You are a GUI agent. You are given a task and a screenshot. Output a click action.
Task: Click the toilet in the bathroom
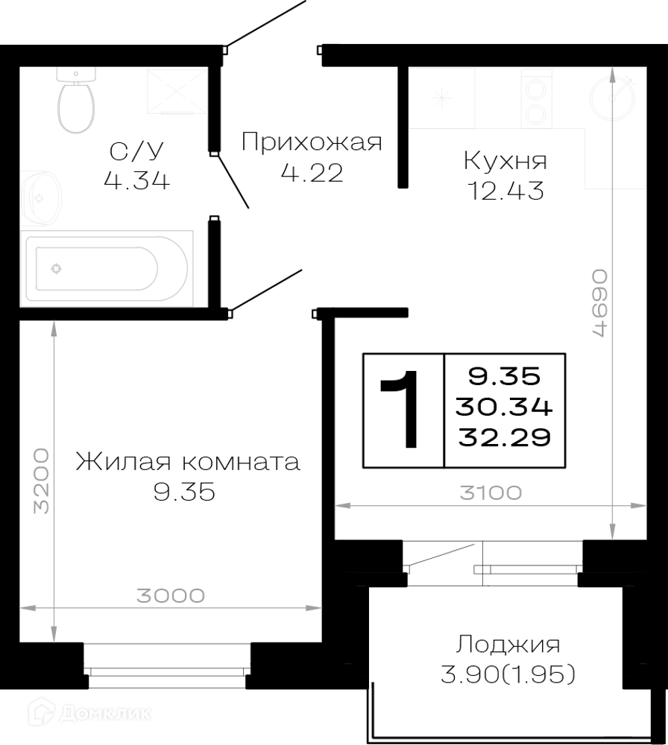75,100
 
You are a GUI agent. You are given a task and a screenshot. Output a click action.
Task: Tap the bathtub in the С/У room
107,268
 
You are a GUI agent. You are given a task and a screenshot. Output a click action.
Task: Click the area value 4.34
137,180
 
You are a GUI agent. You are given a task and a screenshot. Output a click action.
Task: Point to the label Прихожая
312,142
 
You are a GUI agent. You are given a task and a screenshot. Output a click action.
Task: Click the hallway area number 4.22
312,173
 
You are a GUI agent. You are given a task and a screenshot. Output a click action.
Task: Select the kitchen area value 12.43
506,191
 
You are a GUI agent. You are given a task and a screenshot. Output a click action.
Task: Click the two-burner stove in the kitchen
537,99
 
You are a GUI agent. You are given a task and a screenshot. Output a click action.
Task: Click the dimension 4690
599,303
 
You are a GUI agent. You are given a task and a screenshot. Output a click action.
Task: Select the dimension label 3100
491,492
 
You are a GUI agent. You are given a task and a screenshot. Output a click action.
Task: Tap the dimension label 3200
41,481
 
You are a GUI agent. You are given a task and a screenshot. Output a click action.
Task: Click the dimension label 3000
171,595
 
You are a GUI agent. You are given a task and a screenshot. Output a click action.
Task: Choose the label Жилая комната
189,462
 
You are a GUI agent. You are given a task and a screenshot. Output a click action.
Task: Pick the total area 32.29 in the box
505,437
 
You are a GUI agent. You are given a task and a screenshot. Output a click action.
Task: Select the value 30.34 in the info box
504,407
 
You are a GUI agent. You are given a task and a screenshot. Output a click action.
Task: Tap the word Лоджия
508,645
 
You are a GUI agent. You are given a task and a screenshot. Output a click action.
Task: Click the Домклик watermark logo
89,712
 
